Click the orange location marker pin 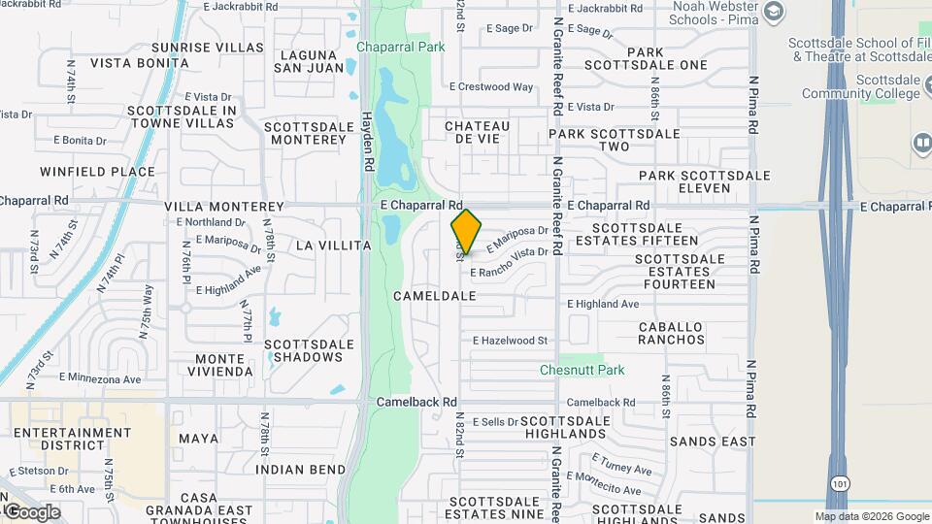(466, 232)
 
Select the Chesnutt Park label (582, 370)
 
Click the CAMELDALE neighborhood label (435, 295)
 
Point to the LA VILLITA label (333, 246)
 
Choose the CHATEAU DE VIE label (477, 133)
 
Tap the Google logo (32, 511)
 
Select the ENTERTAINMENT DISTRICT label (73, 439)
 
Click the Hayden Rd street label (368, 141)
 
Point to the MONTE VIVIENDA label (214, 366)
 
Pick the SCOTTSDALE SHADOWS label (303, 350)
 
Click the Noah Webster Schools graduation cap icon (774, 12)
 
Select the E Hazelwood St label (511, 341)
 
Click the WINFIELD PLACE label (97, 172)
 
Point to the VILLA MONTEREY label (224, 207)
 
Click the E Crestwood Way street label (495, 86)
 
